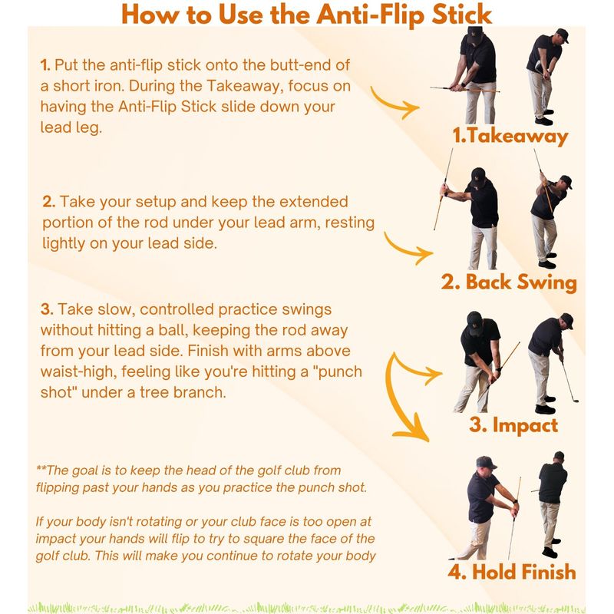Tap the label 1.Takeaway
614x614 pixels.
click(x=510, y=137)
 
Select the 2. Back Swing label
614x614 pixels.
click(x=509, y=282)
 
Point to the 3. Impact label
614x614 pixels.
click(x=513, y=426)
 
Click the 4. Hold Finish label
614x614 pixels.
click(x=512, y=572)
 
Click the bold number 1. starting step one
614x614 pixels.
click(x=45, y=65)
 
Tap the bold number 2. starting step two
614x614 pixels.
click(x=49, y=202)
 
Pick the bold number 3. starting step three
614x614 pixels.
click(x=47, y=309)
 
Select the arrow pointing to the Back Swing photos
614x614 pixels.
click(x=408, y=251)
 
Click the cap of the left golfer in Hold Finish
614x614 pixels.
click(x=486, y=462)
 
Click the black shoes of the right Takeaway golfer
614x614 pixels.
click(x=544, y=118)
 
